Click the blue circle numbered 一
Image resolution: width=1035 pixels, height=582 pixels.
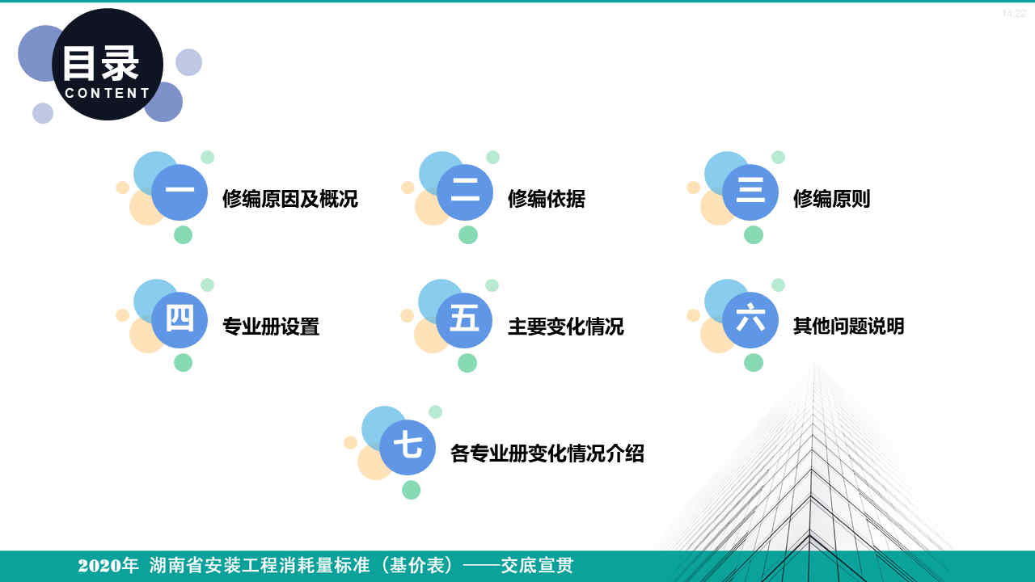click(180, 192)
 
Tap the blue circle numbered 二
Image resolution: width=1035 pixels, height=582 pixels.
click(465, 192)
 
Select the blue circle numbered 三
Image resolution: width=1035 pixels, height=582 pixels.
click(750, 192)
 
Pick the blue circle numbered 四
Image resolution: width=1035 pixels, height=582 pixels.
click(180, 320)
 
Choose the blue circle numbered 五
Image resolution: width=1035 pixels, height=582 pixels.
click(465, 320)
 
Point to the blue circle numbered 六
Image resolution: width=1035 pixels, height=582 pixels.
click(750, 320)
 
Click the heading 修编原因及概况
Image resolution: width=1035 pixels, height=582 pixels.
click(290, 199)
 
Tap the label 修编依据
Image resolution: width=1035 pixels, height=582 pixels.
click(547, 199)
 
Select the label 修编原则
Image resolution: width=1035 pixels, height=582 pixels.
click(832, 199)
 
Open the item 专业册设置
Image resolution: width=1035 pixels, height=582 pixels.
click(271, 327)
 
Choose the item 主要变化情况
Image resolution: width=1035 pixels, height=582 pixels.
click(566, 327)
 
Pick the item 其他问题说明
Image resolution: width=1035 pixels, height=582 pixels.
click(849, 327)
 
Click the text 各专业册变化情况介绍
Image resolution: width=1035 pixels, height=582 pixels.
click(547, 453)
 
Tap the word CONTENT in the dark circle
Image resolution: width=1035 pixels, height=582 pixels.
click(108, 93)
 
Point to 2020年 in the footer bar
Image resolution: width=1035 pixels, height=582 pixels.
click(108, 566)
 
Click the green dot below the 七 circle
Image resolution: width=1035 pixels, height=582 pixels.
click(411, 490)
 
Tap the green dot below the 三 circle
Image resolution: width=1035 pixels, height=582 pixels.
click(754, 234)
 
